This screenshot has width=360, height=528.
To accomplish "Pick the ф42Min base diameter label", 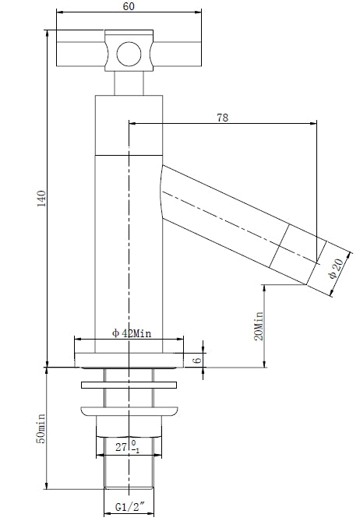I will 130,333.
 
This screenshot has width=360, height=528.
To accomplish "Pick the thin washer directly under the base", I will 128,384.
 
